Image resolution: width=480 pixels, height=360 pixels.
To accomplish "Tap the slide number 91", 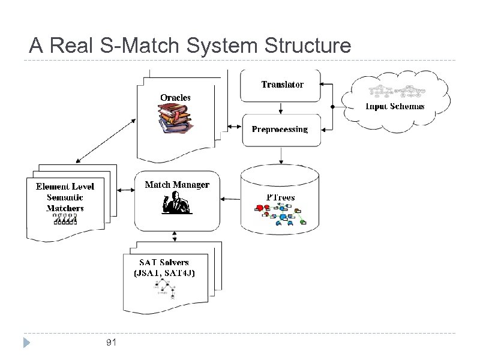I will click(110, 343).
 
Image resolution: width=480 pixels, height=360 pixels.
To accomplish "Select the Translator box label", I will click(282, 85).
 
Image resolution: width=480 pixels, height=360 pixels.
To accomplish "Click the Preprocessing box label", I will click(280, 129).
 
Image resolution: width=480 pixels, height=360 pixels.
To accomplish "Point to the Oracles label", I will click(175, 97).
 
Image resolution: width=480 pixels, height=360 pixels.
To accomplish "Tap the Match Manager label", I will click(177, 184).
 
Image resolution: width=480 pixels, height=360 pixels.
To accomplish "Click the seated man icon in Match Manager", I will click(176, 205).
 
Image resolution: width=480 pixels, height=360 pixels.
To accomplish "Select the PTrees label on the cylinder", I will click(280, 197).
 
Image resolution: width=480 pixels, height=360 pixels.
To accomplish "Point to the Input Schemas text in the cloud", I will click(395, 106).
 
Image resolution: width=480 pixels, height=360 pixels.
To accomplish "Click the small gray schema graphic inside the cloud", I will click(396, 91).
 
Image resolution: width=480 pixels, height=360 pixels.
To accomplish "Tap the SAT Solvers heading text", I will click(164, 262).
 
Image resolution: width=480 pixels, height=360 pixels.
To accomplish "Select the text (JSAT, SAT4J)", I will click(164, 272).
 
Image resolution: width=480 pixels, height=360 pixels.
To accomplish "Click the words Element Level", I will click(65, 187).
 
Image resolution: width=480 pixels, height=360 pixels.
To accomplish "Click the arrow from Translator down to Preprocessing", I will click(281, 108).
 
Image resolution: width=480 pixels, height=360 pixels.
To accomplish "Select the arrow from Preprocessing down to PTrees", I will click(281, 155).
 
